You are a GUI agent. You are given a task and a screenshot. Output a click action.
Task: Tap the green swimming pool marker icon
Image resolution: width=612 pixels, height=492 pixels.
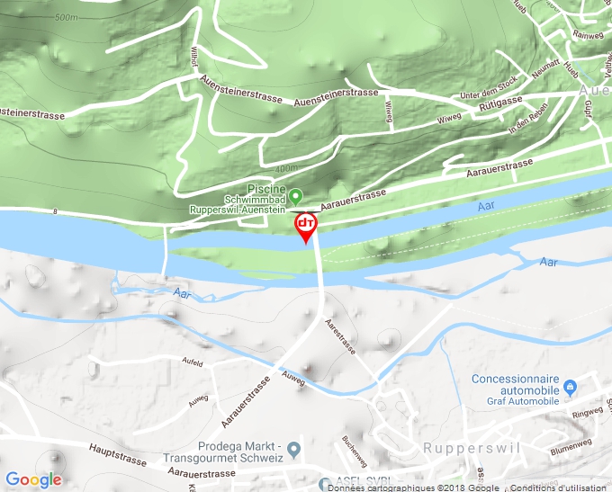point(295,195)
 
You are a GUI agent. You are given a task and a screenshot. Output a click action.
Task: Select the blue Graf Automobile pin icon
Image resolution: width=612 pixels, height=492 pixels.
point(569,388)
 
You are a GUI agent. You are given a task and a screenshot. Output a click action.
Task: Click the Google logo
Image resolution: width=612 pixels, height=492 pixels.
point(33,479)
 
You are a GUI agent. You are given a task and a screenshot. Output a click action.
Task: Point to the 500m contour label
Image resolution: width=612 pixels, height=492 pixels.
point(67,17)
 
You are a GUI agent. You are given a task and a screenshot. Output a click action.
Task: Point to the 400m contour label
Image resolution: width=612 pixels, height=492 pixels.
point(285,168)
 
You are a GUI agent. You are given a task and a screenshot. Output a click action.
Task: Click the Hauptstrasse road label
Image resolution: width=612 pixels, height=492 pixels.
point(117,453)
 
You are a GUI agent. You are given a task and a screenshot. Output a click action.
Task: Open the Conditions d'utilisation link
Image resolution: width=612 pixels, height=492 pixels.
point(562,487)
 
